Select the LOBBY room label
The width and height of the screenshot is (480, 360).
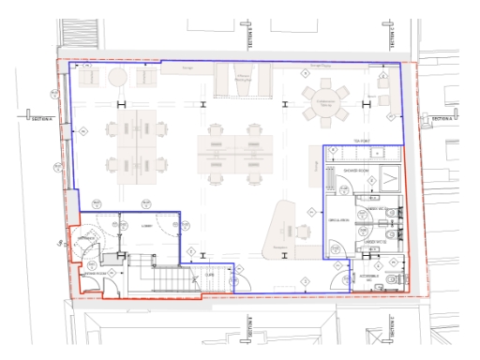tap(146, 227)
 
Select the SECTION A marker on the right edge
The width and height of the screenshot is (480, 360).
tap(441, 120)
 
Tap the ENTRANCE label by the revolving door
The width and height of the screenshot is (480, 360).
tap(86, 239)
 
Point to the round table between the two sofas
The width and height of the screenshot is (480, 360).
tap(118, 76)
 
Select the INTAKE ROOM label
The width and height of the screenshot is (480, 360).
tap(95, 287)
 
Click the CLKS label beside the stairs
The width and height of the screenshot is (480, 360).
tap(210, 275)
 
